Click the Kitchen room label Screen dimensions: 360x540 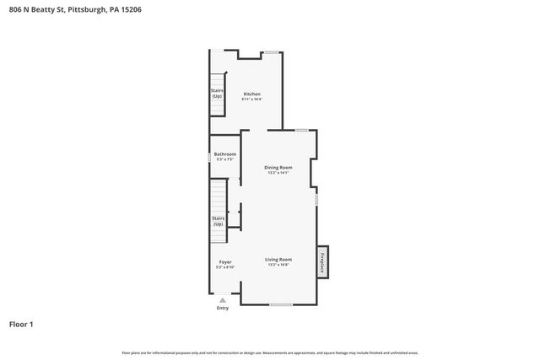click(251, 94)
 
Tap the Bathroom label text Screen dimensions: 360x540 click(224, 154)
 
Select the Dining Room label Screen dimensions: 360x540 click(278, 168)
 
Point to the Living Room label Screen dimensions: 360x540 click(278, 259)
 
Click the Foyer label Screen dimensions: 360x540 click(225, 261)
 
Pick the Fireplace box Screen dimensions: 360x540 click(321, 262)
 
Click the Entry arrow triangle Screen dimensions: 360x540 click(223, 299)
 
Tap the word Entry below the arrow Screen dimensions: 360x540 click(223, 308)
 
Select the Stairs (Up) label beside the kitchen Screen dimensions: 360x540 click(217, 94)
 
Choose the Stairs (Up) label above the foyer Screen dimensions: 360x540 click(218, 221)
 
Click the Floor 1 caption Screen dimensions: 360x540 click(21, 324)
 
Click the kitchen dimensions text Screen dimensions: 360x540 click(251, 99)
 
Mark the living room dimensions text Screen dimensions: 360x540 click(278, 265)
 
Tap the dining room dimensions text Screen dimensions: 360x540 click(278, 174)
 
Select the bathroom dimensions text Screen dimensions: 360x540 click(224, 160)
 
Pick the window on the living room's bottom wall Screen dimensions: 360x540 click(281, 304)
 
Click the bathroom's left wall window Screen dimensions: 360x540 click(210, 157)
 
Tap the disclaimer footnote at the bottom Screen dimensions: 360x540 click(270, 352)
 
